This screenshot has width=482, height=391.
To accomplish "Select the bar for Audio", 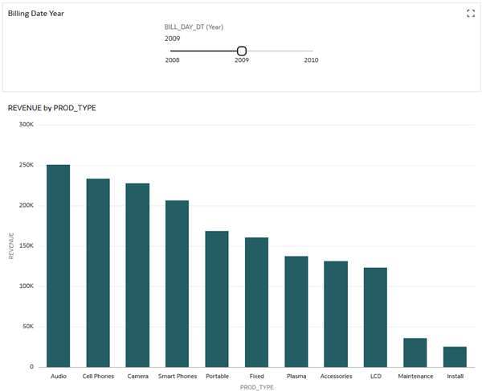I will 58,265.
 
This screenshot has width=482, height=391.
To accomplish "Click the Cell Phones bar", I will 98,273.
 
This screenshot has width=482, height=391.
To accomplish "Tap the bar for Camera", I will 137,275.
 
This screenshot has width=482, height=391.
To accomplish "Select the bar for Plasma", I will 296,311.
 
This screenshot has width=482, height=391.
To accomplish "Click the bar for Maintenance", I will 415,352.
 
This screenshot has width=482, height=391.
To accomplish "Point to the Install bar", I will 455,356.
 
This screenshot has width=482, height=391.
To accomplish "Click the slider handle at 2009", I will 242,51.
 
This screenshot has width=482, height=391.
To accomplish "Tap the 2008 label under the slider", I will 172,60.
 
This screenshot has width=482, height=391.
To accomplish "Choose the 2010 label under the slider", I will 311,60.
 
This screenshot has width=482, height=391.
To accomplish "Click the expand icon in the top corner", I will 471,13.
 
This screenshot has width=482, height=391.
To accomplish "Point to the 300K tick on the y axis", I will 26,125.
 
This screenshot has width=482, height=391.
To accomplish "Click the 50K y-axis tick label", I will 27,327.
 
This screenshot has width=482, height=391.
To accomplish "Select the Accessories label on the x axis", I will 336,376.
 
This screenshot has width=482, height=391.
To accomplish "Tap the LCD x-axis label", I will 375,376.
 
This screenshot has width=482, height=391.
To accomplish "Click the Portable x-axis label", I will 217,376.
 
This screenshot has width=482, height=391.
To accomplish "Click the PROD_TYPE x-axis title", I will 256,387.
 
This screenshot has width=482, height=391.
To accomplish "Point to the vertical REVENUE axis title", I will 11,246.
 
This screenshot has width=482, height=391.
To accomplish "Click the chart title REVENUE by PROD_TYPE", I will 51,108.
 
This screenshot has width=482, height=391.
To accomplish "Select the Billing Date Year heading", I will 36,14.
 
